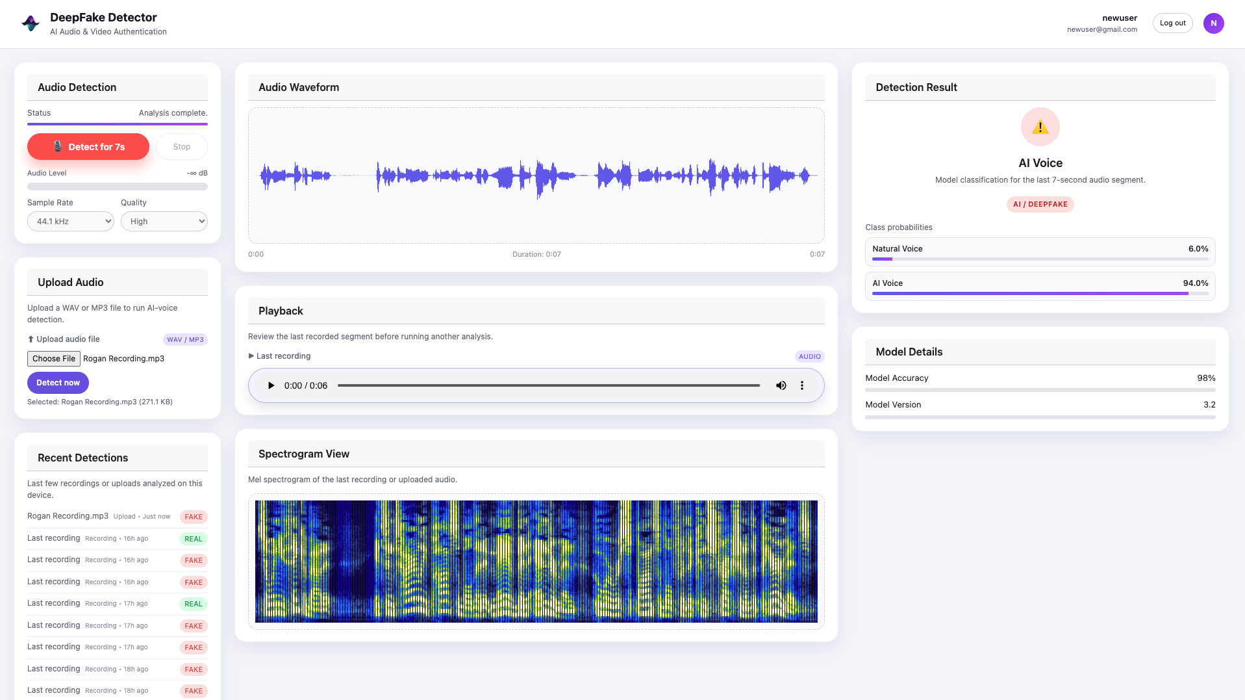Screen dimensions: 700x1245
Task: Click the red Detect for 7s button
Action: pos(88,147)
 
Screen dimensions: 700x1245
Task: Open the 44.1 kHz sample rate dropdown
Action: pos(71,222)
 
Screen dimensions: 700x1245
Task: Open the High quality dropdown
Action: pos(164,222)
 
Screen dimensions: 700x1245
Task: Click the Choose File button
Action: pos(54,359)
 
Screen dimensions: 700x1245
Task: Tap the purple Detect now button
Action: pos(58,383)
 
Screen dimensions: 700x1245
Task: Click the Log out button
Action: pos(1172,23)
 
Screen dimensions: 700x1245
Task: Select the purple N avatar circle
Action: pos(1213,23)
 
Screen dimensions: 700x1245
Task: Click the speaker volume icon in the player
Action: pos(781,385)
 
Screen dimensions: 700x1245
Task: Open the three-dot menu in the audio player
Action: pos(802,385)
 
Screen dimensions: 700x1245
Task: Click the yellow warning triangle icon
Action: pos(1040,127)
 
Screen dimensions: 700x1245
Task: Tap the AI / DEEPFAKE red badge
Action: pos(1040,204)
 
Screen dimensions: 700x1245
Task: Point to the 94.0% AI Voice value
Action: pos(1195,283)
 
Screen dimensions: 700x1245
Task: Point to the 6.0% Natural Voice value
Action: pos(1198,249)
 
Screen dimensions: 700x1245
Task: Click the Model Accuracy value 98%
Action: pos(1206,378)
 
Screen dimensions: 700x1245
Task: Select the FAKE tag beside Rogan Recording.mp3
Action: pos(194,517)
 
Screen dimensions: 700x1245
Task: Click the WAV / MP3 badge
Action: pos(185,340)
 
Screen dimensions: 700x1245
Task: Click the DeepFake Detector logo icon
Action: pos(31,23)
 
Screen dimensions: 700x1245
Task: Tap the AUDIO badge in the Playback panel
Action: pos(809,357)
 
